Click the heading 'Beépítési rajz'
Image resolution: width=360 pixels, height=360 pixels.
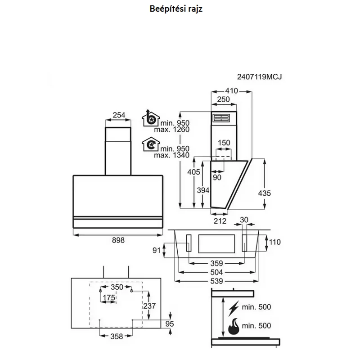(x=176, y=9)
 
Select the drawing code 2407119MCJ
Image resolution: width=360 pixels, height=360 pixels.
(x=259, y=76)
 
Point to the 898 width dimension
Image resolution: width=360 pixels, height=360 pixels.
(x=118, y=240)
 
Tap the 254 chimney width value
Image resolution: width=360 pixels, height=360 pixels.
(x=119, y=115)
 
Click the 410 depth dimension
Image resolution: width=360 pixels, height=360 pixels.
(x=231, y=91)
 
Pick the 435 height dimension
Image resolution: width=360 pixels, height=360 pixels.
(x=264, y=193)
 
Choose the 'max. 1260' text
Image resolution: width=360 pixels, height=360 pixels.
(x=172, y=130)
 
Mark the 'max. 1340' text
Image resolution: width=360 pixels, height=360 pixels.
(x=172, y=155)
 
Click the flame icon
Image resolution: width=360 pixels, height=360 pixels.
(x=234, y=326)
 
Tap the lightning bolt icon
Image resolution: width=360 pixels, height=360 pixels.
(x=234, y=308)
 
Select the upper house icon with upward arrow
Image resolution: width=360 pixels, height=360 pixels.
(x=151, y=118)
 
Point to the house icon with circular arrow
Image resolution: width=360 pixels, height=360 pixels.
(x=151, y=144)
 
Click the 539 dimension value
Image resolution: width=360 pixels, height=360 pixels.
(x=217, y=281)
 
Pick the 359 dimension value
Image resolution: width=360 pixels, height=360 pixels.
(x=217, y=263)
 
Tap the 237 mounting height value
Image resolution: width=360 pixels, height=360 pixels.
(x=149, y=306)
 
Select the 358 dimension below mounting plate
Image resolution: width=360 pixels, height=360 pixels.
(x=117, y=336)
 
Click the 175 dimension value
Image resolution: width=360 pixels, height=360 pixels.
(x=109, y=298)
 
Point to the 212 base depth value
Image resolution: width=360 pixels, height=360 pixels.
(x=220, y=221)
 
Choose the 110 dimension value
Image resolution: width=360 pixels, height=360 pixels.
(x=275, y=242)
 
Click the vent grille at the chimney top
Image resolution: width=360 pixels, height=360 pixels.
(x=221, y=118)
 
